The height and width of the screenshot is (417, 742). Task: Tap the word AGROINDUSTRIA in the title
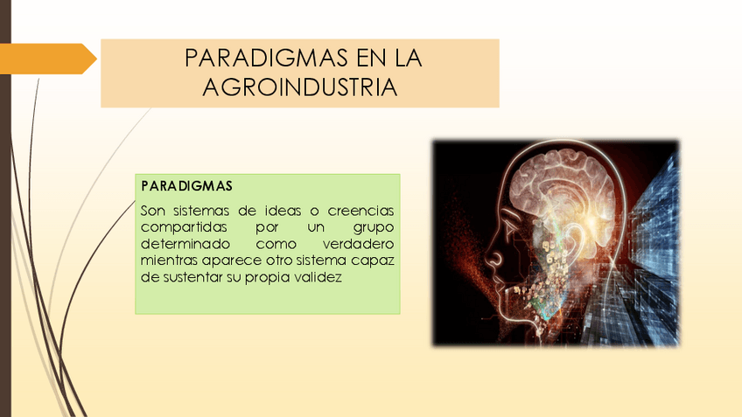(300, 87)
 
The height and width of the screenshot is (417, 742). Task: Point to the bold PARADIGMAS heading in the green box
(185, 187)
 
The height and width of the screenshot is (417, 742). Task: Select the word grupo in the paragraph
(374, 227)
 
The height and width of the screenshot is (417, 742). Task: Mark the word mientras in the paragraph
(169, 261)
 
